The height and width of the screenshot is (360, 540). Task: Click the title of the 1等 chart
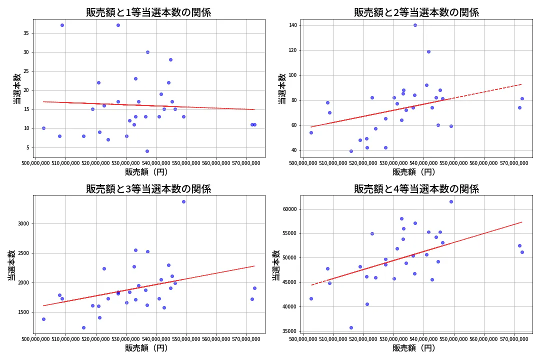click(x=148, y=12)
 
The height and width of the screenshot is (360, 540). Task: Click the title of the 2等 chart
click(x=416, y=12)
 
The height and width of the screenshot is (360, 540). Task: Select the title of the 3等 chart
click(x=148, y=189)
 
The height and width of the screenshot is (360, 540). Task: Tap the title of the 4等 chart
click(x=416, y=189)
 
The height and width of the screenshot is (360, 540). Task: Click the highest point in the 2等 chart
click(x=415, y=25)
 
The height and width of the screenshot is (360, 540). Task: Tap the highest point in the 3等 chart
click(x=183, y=201)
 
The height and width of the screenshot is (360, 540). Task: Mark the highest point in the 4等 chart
click(x=451, y=201)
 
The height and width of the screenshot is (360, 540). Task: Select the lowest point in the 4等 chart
click(x=351, y=327)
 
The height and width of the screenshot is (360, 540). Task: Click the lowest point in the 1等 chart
click(x=147, y=151)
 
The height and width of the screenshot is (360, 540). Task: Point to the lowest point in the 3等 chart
click(x=83, y=327)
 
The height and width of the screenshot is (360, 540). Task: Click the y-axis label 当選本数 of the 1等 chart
click(x=16, y=88)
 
